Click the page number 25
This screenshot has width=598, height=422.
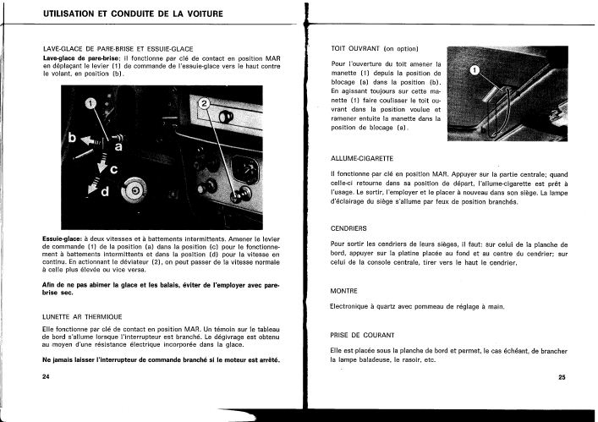point(562,377)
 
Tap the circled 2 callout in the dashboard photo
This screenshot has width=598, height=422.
point(204,104)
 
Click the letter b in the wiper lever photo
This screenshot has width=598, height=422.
point(73,136)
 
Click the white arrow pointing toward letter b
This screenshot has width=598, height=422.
point(92,141)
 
